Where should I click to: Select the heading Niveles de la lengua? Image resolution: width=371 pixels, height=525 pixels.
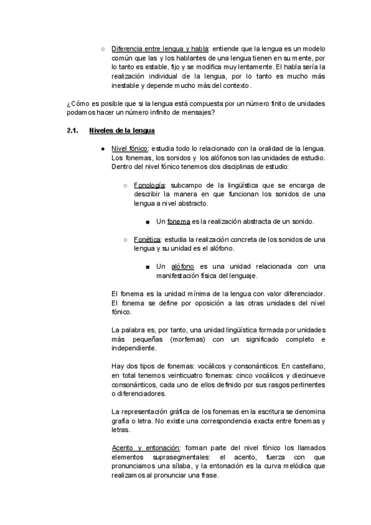pyautogui.click(x=122, y=131)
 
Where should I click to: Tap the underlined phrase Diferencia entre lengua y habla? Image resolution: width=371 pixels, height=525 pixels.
pyautogui.click(x=160, y=48)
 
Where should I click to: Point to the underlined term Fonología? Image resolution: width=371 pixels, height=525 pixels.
pyautogui.click(x=149, y=185)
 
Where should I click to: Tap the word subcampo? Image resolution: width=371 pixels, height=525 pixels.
pyautogui.click(x=187, y=185)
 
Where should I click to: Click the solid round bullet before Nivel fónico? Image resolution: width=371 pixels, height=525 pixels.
pyautogui.click(x=101, y=149)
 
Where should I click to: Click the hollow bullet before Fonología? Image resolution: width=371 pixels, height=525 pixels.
pyautogui.click(x=126, y=186)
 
